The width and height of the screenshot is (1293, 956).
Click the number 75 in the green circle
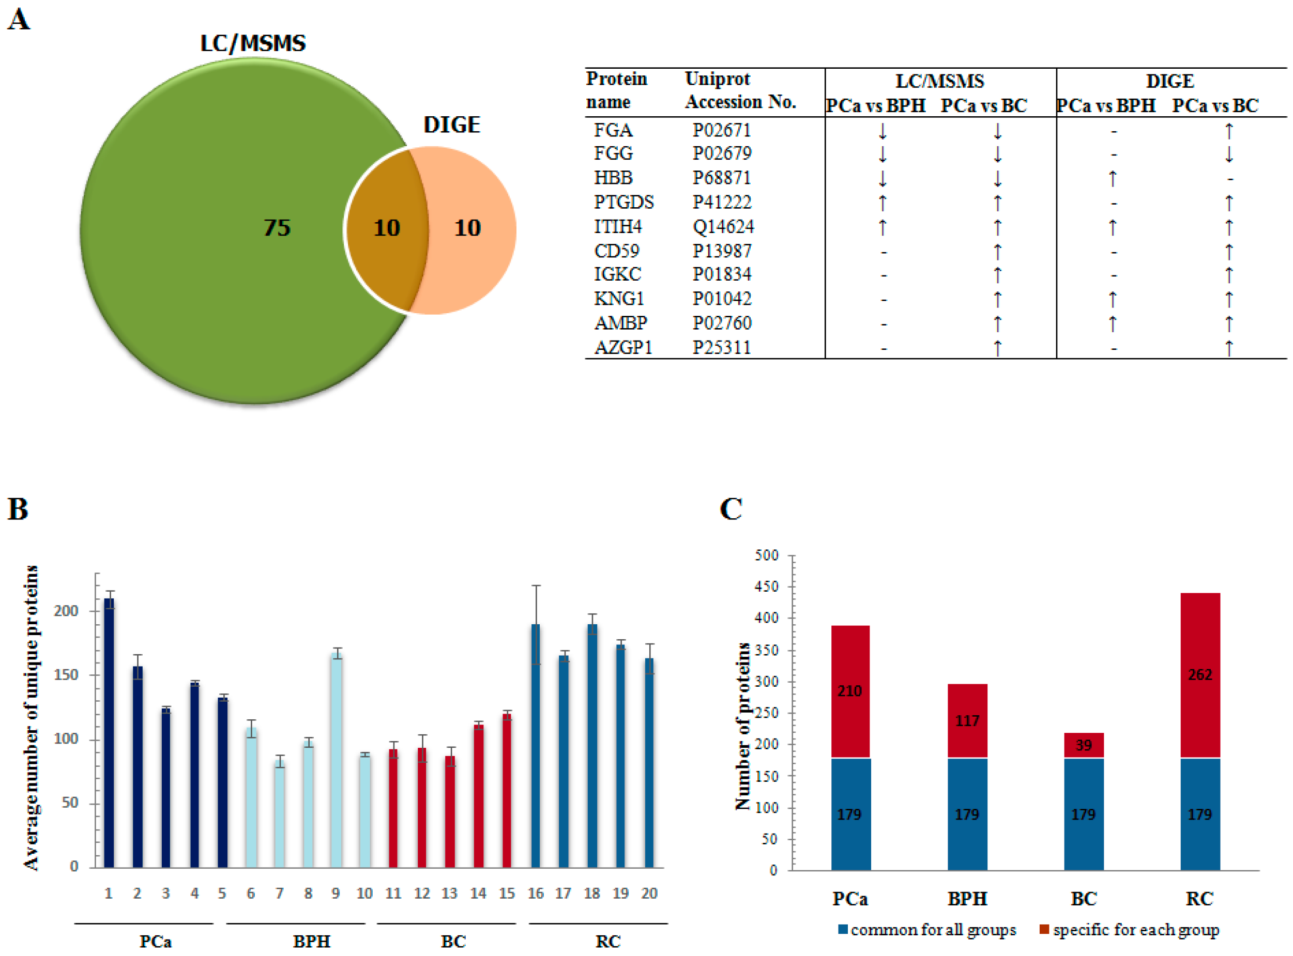(x=277, y=227)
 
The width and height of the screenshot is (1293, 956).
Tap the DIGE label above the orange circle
(x=451, y=125)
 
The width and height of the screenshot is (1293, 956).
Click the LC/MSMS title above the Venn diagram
(x=253, y=43)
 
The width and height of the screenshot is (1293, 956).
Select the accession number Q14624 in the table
(x=723, y=226)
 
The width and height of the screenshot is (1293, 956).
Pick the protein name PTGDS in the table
(x=623, y=202)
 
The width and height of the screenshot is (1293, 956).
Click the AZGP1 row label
(x=623, y=347)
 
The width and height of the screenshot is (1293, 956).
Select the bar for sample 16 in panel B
(x=536, y=747)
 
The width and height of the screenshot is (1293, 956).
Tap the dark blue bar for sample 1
(x=109, y=735)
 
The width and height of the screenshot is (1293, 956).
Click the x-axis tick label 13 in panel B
(x=450, y=893)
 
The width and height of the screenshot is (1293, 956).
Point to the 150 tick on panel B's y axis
(x=66, y=675)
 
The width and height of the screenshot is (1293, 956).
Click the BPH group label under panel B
(x=311, y=942)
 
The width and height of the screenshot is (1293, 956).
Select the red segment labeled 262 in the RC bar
(x=1200, y=675)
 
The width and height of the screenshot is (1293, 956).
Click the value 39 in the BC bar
(x=1084, y=745)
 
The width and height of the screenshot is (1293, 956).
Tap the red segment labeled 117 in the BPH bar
(x=967, y=721)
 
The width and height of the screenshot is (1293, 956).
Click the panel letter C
(x=731, y=509)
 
